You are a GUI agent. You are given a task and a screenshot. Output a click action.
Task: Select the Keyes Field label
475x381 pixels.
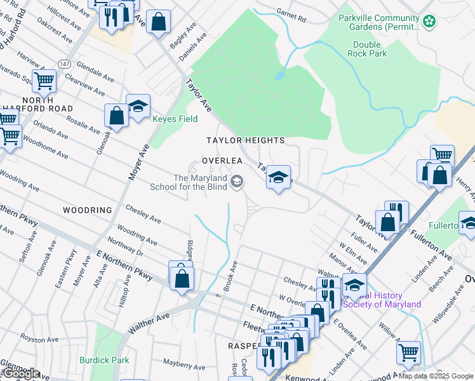(x=175, y=119)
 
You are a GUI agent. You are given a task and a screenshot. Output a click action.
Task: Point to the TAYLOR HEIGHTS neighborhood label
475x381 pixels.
(x=244, y=140)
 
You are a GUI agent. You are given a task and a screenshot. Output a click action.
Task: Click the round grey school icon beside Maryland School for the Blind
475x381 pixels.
(x=237, y=183)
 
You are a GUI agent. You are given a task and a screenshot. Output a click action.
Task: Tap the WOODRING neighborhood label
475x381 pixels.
(x=87, y=210)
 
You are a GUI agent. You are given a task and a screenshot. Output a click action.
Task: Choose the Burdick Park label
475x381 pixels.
(x=104, y=360)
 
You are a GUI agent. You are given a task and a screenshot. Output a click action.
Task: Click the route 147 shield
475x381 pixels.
(x=64, y=64)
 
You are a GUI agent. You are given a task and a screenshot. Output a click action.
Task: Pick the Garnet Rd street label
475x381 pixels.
(x=291, y=13)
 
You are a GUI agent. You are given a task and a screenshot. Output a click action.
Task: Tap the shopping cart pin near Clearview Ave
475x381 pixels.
(x=44, y=80)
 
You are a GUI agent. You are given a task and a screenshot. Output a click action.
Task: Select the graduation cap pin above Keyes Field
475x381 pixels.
(x=138, y=105)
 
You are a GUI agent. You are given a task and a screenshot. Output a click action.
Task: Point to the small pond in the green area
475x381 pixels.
(x=279, y=75)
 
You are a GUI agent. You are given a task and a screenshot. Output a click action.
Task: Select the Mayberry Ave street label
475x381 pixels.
(x=184, y=364)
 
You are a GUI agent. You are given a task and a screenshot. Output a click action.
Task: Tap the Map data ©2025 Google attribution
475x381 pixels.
(x=436, y=376)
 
